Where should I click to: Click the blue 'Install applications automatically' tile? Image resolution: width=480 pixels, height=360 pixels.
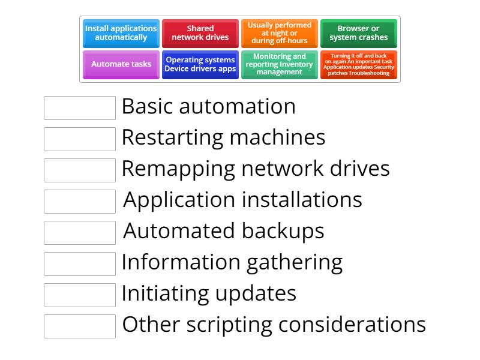(121, 33)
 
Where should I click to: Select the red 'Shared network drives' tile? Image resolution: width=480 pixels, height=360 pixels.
(200, 33)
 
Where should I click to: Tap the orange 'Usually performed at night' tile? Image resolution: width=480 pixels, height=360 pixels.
(280, 33)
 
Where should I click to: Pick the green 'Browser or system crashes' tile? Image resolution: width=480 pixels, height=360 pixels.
(359, 33)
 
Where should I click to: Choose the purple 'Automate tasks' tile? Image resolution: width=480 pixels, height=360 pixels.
(121, 64)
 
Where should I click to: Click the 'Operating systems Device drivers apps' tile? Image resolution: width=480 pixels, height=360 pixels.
(200, 64)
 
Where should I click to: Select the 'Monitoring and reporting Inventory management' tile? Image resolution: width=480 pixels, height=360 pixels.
(280, 64)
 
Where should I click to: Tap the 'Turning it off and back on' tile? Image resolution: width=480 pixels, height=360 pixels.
(359, 64)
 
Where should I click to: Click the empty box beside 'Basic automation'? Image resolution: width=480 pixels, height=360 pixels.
(80, 108)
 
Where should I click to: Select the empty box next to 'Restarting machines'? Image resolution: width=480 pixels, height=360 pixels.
(80, 139)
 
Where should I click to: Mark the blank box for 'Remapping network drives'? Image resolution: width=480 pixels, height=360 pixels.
(80, 170)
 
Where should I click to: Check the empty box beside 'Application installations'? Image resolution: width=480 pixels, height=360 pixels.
(80, 202)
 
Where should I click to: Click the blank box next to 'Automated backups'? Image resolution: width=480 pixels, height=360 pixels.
(80, 233)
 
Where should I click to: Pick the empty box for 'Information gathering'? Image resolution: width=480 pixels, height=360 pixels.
(80, 264)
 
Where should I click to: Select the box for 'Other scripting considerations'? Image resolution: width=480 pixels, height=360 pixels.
(80, 326)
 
